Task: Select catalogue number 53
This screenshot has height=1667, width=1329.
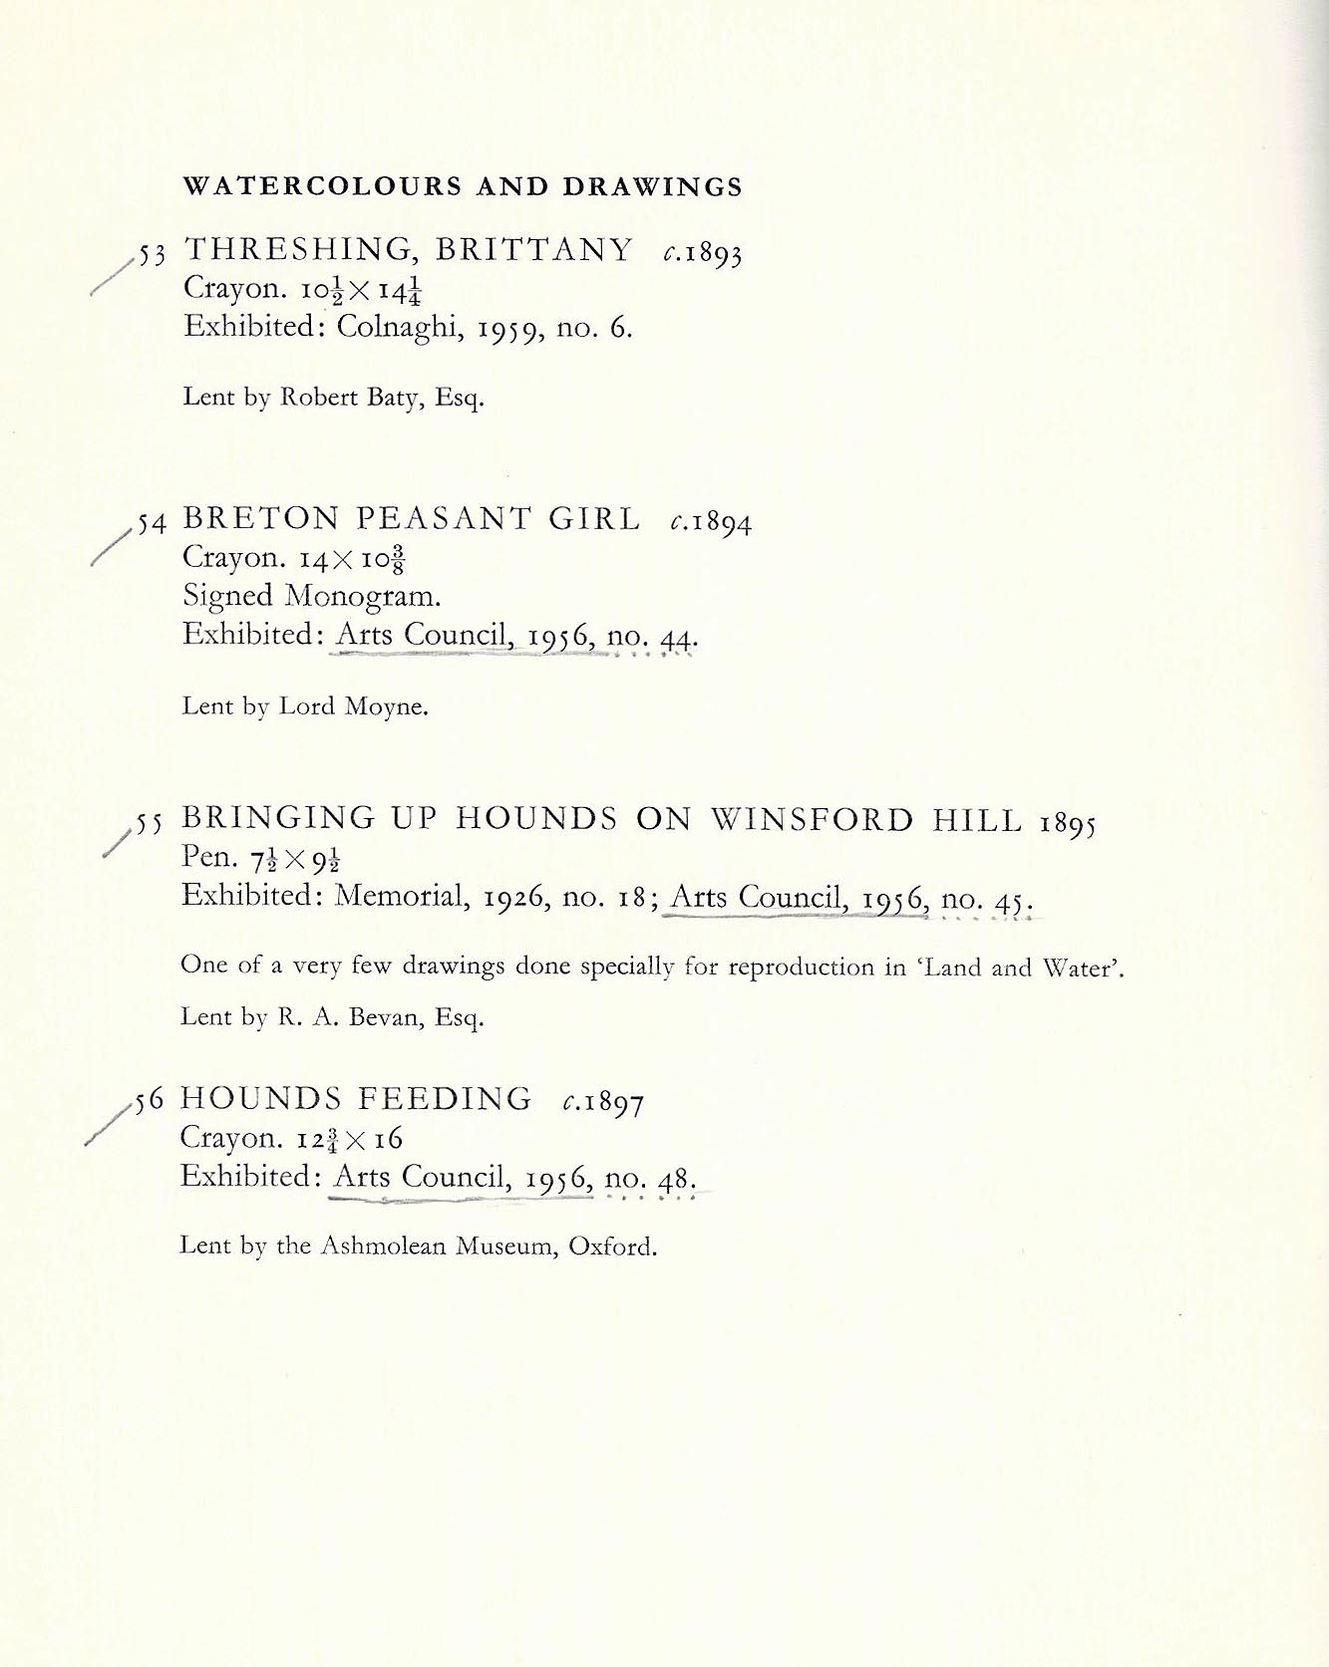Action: (x=152, y=255)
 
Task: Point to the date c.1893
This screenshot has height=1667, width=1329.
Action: (x=702, y=254)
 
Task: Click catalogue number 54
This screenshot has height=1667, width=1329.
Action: (x=152, y=523)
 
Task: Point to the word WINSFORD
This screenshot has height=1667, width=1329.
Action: (x=813, y=819)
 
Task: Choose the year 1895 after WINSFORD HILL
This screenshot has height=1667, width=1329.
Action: (x=1068, y=824)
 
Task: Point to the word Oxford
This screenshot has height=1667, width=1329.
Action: (x=612, y=1248)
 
